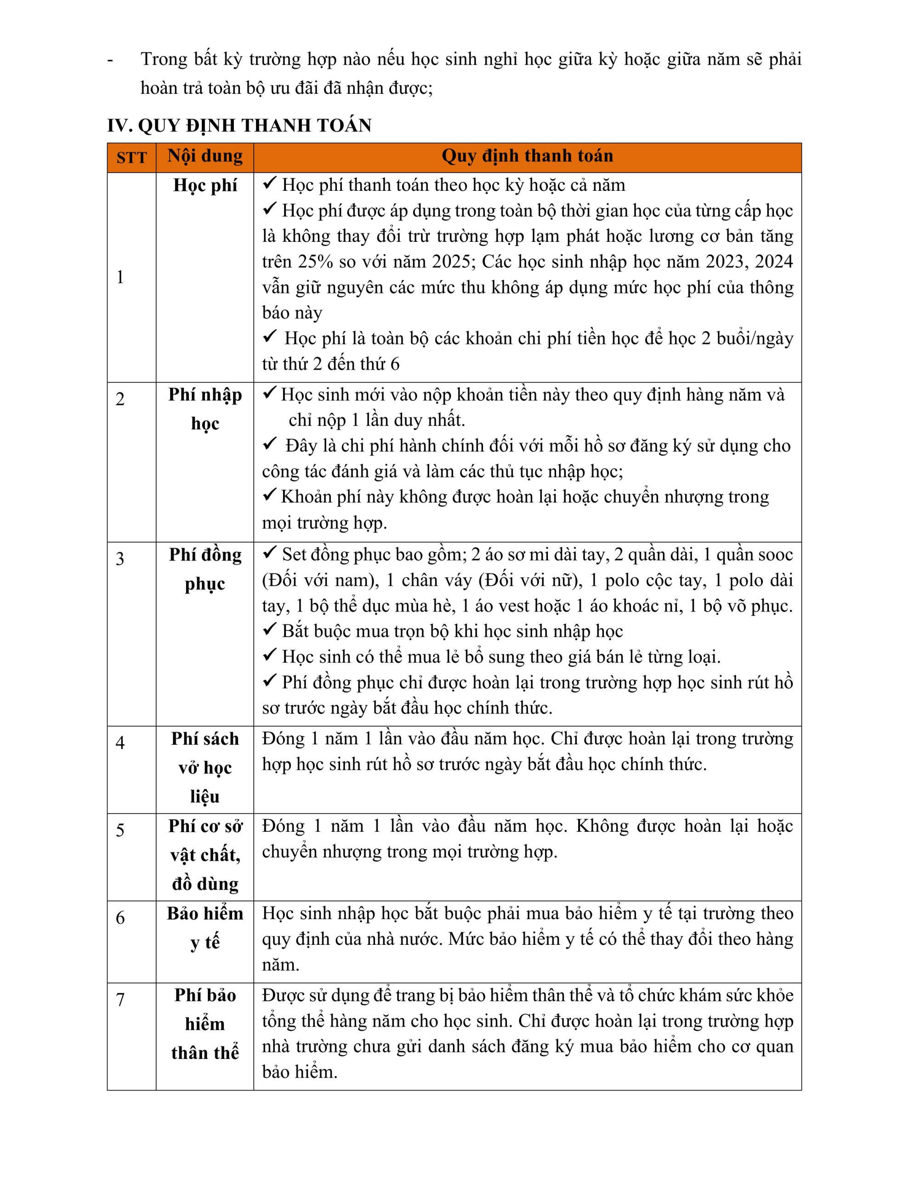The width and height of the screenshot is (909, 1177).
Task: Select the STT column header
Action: (131, 157)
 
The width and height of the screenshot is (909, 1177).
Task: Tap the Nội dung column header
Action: (205, 156)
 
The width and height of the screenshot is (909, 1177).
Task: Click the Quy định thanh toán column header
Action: (527, 156)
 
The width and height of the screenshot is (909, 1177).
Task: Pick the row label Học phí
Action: (205, 185)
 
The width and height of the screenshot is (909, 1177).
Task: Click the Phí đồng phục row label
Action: (205, 569)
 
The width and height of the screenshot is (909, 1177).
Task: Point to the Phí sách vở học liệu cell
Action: (205, 767)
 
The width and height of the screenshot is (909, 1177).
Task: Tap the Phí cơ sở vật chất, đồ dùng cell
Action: (205, 855)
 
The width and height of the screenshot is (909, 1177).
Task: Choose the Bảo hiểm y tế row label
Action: (205, 927)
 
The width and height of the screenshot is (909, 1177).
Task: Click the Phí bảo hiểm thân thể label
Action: (205, 1024)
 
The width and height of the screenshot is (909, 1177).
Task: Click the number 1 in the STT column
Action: (120, 277)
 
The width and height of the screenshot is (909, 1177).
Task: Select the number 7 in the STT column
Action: (120, 1000)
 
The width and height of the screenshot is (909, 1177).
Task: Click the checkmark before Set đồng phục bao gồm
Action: (269, 553)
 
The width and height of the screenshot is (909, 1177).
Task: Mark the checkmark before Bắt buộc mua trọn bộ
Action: (269, 630)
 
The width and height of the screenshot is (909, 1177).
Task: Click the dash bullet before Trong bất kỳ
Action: (110, 60)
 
